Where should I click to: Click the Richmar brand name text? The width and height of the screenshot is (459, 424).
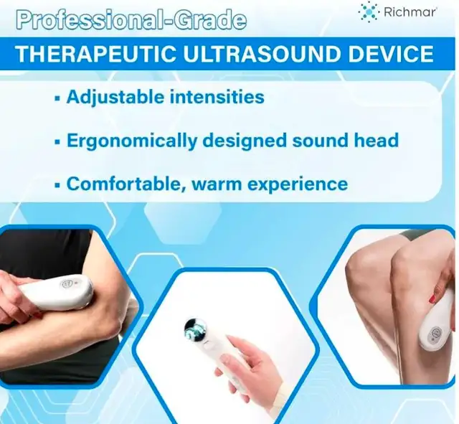point(410,12)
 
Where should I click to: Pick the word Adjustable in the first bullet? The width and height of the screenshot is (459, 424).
point(115,97)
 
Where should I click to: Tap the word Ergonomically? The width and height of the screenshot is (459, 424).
point(132,141)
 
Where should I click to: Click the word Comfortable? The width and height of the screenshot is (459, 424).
point(126,184)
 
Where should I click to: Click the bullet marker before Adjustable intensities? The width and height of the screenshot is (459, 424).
point(57,98)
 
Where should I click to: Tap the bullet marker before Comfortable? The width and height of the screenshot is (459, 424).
point(57,185)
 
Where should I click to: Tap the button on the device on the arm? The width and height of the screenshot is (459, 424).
point(65,283)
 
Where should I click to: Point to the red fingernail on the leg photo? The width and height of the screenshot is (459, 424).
point(432,299)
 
